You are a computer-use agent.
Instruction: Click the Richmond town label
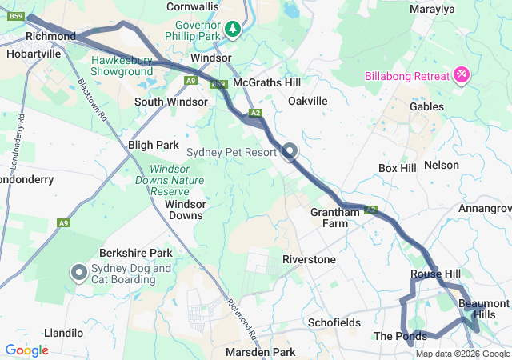[50, 37]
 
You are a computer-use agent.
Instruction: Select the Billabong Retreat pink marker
[462, 76]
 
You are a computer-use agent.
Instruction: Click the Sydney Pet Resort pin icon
[290, 150]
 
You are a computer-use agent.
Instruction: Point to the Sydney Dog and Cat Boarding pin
[79, 273]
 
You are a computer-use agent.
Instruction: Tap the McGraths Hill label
[266, 82]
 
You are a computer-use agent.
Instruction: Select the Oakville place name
[308, 102]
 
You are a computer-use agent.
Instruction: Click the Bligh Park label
[154, 145]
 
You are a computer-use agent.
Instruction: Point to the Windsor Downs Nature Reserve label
[181, 181]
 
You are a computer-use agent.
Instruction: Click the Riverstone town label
[309, 260]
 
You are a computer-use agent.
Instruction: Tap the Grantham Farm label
[335, 218]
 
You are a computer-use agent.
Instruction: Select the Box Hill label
[398, 169]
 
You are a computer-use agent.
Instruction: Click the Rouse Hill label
[435, 274]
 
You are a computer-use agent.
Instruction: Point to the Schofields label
[334, 322]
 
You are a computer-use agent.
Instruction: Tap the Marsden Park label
[260, 352]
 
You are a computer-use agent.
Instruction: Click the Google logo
[26, 350]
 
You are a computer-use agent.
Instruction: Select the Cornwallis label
[193, 6]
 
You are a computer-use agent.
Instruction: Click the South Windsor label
[171, 102]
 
